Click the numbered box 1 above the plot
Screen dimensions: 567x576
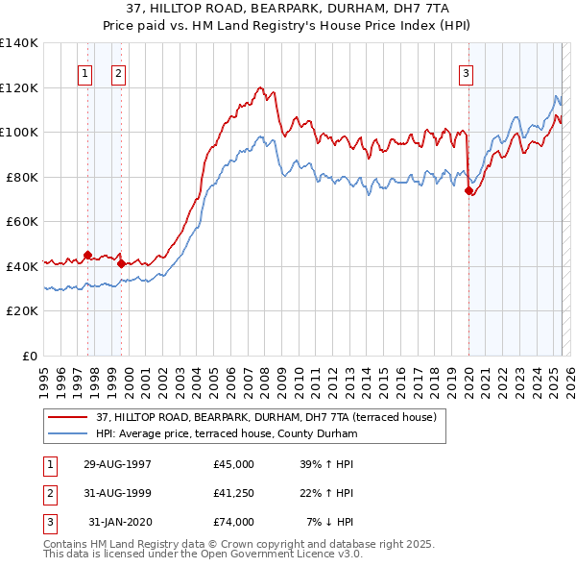84,72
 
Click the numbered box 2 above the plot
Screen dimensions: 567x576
117,72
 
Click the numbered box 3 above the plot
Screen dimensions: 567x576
466,72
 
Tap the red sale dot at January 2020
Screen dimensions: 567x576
468,190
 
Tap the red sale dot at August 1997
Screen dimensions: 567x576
87,256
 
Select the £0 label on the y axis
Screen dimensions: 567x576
31,356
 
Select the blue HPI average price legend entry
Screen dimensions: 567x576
226,433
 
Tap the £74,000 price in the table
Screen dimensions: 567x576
233,522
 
